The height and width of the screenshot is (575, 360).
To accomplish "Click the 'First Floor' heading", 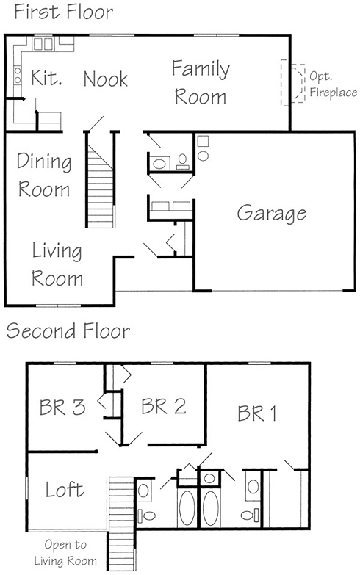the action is coord(63,11).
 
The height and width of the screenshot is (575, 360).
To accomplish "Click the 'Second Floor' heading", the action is coord(68,330).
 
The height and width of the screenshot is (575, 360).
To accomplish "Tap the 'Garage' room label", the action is coord(272,214).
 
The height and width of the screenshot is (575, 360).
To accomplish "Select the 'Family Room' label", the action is coord(201,82).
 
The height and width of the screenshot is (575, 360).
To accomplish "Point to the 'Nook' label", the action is coord(106,79).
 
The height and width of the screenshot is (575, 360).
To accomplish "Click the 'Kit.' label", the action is coord(46,78).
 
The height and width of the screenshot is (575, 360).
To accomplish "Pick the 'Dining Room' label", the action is coord(44,176).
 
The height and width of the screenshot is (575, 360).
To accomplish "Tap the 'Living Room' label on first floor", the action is coord(57,264).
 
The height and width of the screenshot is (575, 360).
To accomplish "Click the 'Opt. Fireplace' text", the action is coord(333,84).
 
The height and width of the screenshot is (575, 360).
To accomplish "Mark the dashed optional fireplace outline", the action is coord(293,82).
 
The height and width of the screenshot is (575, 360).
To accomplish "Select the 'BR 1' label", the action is coord(257,413).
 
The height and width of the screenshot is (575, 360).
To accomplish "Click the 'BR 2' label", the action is coord(164,406).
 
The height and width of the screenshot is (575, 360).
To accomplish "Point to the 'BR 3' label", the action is coord(62,407).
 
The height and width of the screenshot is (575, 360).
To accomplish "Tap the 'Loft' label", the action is coord(65,489).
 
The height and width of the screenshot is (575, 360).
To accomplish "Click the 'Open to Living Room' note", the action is coord(65,553).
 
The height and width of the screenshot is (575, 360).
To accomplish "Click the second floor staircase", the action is coord(121,524).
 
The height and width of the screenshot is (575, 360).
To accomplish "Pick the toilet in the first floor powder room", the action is coord(182,162).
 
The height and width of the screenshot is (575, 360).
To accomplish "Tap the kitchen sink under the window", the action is coord(43,44).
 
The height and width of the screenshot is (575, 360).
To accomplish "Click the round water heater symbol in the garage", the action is coord(203,156).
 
